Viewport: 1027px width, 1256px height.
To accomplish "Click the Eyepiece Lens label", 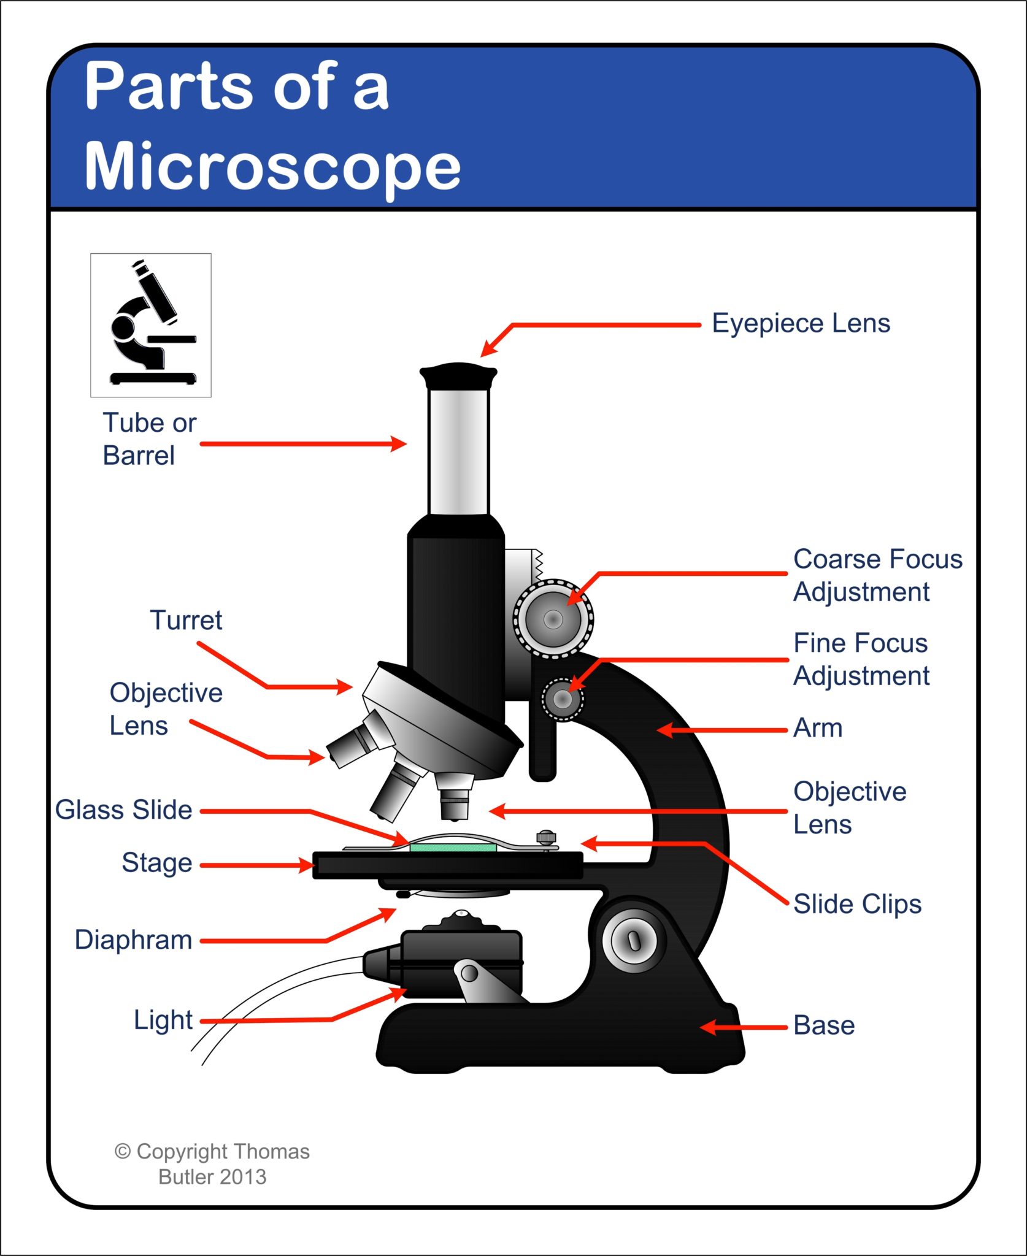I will [x=801, y=323].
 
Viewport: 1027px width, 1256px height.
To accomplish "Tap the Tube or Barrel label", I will [x=149, y=439].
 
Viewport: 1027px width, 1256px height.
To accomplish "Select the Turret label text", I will [x=186, y=620].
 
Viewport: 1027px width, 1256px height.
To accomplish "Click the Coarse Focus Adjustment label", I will [x=877, y=575].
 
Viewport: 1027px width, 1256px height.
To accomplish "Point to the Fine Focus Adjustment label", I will [x=861, y=659].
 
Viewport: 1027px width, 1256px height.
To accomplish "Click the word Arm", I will [x=818, y=728].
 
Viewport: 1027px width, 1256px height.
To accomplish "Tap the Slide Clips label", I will [x=857, y=904].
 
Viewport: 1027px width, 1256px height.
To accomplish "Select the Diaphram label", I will [x=133, y=940].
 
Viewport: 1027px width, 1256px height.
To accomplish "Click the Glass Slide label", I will [x=123, y=810].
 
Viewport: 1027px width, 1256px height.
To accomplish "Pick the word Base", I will [x=824, y=1025].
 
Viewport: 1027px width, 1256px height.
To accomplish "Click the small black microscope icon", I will [x=151, y=325].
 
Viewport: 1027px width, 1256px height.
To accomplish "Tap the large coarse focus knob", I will [x=553, y=619].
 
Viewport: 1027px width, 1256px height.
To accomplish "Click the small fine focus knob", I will [x=563, y=699].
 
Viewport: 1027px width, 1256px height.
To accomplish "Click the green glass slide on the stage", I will [x=453, y=848].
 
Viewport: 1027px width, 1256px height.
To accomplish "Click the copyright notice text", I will [x=212, y=1164].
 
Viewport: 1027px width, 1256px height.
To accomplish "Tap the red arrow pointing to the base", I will [x=743, y=1027].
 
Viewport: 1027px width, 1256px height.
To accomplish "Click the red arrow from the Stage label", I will [x=258, y=865].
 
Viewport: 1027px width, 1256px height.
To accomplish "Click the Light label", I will [x=163, y=1020].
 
